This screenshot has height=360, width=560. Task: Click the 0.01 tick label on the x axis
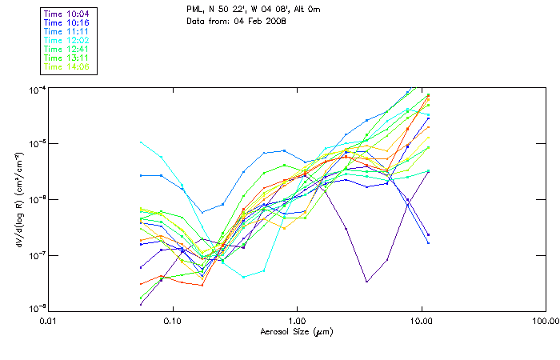[x=49, y=320]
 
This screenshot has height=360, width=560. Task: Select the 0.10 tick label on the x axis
[x=173, y=320]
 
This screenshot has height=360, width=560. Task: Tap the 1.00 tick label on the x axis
[x=297, y=320]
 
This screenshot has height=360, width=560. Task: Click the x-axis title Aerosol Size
[x=296, y=330]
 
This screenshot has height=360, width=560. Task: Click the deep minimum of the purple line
[x=366, y=281]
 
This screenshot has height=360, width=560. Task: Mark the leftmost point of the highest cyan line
[x=141, y=142]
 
